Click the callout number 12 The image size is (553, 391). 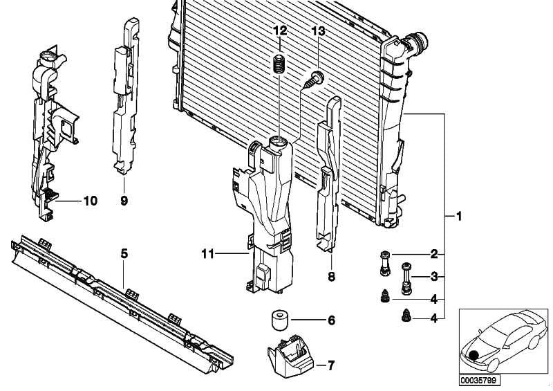click(x=279, y=31)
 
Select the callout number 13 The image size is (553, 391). click(x=318, y=31)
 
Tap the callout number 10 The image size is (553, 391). click(x=91, y=201)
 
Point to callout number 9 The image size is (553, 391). click(x=124, y=201)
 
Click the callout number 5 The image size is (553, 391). click(x=124, y=254)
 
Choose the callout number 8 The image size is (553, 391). click(x=330, y=276)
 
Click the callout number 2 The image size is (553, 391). click(x=434, y=254)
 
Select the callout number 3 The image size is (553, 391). click(x=434, y=277)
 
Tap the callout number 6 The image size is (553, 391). click(x=330, y=320)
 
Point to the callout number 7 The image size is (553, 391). click(x=330, y=365)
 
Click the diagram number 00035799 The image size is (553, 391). click(x=478, y=380)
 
